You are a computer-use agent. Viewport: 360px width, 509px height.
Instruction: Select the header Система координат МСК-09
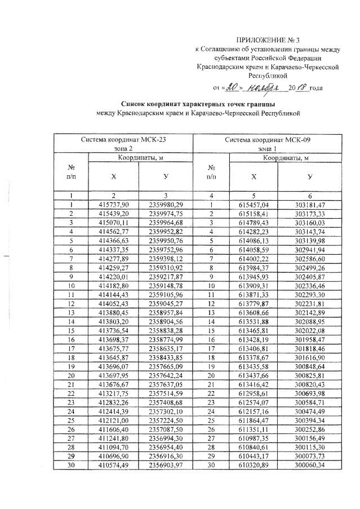[x=267, y=139]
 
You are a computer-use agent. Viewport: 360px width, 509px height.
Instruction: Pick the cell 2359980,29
[x=166, y=204]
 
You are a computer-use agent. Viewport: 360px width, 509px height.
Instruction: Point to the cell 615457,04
[x=254, y=204]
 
